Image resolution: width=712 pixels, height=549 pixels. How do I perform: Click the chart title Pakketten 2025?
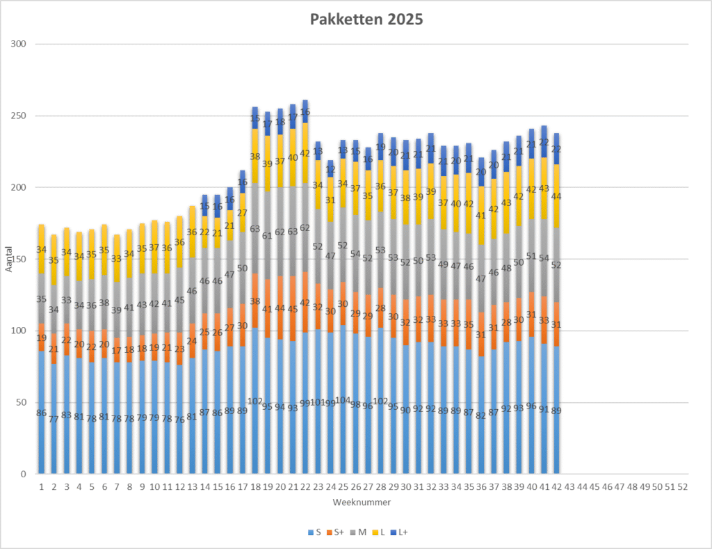tap(366, 19)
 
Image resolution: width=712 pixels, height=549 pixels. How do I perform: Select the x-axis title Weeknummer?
tap(362, 502)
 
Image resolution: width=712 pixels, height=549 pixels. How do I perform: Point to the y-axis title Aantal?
tap(10, 259)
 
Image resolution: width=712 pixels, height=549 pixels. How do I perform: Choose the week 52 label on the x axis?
tap(683, 486)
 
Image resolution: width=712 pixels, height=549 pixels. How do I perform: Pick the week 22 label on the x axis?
tap(305, 486)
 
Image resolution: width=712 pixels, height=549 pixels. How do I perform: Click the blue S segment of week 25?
tap(343, 431)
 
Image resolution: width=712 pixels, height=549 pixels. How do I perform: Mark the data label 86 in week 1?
tap(42, 413)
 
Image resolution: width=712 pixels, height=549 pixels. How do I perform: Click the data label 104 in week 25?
tap(343, 400)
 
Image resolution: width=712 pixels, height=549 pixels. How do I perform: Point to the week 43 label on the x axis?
tap(569, 486)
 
